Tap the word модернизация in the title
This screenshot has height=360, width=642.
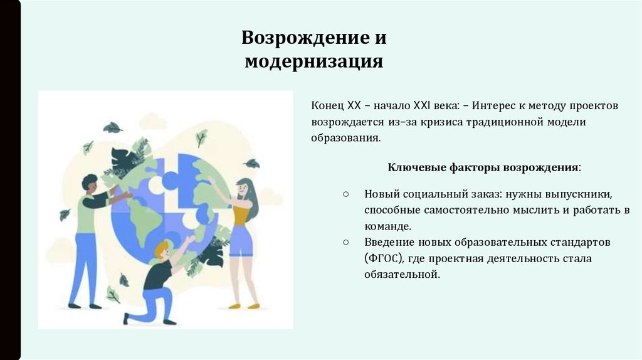coord(313,62)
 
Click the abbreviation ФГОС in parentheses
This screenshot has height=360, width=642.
coord(385,258)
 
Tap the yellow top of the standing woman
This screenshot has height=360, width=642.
coord(240,213)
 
